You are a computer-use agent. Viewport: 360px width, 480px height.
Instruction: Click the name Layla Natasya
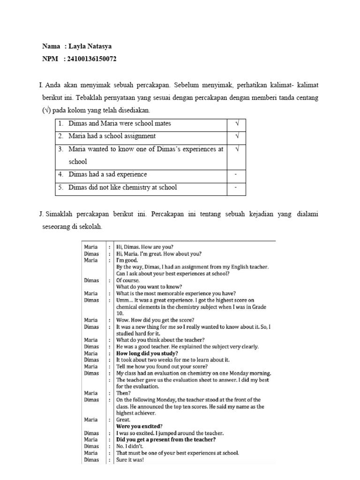point(90,46)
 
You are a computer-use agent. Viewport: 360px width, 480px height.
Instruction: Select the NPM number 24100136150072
point(93,59)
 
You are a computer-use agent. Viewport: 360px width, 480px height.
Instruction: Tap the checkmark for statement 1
point(237,124)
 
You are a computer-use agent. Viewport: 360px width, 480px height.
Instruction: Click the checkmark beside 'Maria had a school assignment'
point(237,136)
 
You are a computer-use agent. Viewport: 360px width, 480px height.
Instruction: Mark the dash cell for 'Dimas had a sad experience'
point(237,175)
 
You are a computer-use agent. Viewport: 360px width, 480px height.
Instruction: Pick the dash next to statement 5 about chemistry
point(237,187)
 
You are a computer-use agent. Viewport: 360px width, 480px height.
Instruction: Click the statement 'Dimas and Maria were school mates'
point(120,124)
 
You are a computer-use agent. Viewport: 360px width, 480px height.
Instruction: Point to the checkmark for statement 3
point(237,149)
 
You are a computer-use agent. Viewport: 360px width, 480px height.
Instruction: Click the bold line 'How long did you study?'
point(147,353)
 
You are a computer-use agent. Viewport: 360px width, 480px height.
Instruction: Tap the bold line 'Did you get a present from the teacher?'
point(166,440)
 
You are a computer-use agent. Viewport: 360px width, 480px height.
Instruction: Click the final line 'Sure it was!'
point(130,460)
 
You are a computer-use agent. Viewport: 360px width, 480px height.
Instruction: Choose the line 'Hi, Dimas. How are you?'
point(144,247)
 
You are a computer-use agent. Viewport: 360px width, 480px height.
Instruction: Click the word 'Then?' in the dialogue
point(123,393)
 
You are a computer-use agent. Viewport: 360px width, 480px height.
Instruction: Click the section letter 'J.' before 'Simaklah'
point(41,214)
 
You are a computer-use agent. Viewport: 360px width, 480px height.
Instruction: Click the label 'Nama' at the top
point(51,46)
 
